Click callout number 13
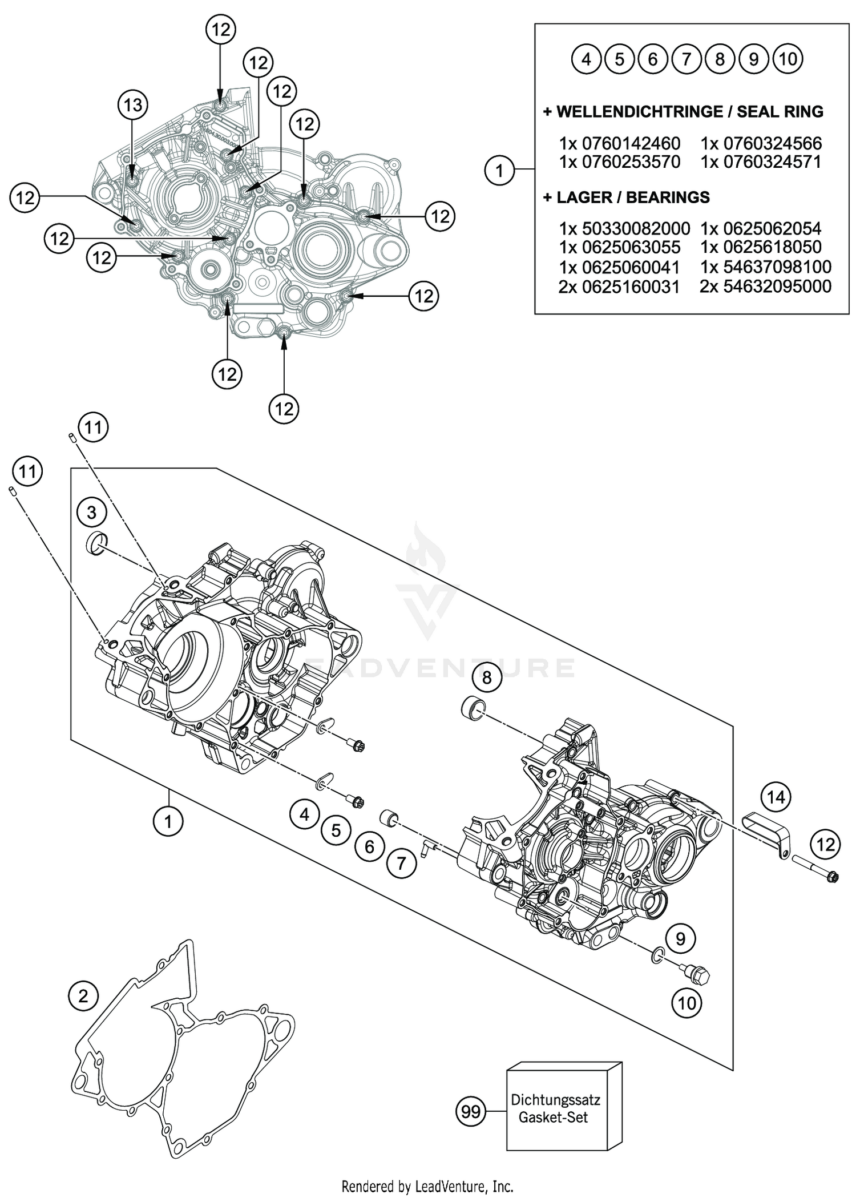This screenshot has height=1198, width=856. click(x=132, y=105)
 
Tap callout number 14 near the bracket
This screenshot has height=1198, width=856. click(x=776, y=797)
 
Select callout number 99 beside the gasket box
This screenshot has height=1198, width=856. click(x=471, y=1112)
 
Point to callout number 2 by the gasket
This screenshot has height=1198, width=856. click(x=83, y=997)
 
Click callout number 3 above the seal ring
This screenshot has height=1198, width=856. click(x=92, y=513)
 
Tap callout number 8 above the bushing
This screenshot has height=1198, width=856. click(x=486, y=677)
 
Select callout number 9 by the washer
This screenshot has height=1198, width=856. click(x=680, y=938)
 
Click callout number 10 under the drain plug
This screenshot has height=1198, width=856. click(x=687, y=1003)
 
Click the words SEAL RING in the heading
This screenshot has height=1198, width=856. click(x=780, y=111)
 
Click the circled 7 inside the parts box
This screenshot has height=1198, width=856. click(x=687, y=59)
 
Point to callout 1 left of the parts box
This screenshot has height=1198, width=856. click(x=499, y=170)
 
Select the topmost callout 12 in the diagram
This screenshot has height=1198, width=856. click(x=220, y=30)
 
